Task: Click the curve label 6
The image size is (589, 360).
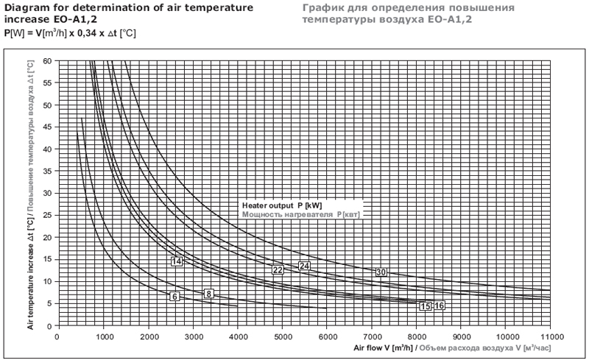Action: (x=174, y=296)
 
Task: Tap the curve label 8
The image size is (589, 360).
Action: (x=208, y=294)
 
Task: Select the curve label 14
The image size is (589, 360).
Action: (x=177, y=261)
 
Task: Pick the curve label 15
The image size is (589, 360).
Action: (x=426, y=306)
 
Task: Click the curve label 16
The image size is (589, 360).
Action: (x=440, y=306)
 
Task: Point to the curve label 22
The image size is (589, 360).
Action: (x=278, y=270)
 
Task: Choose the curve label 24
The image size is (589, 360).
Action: (x=304, y=266)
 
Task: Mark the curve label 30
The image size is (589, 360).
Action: (x=381, y=272)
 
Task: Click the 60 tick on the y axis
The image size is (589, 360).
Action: (x=47, y=60)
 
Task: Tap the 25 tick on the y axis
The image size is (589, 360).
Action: (x=47, y=215)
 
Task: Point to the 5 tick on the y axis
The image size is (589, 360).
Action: (x=49, y=303)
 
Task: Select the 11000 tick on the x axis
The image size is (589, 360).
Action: (x=551, y=336)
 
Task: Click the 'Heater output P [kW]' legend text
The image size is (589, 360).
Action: (x=281, y=205)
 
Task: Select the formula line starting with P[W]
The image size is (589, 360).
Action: (x=70, y=34)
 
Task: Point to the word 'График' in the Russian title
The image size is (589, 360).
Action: (x=322, y=7)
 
